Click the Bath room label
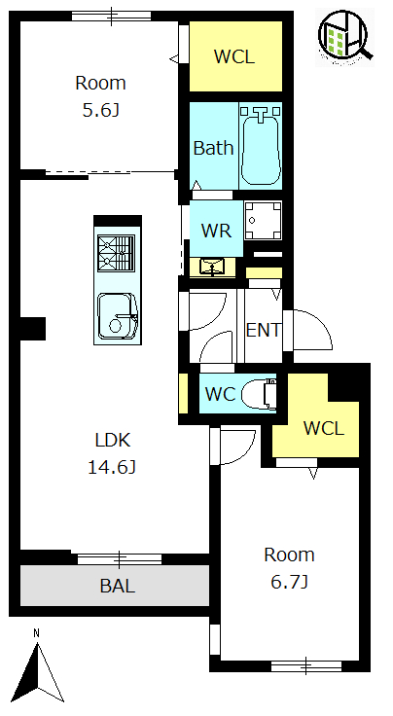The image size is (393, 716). [x=213, y=148]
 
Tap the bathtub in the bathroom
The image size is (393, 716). [x=260, y=145]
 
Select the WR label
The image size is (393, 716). [x=216, y=231]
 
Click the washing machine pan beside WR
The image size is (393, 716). [x=263, y=220]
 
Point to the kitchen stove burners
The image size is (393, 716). [x=117, y=254]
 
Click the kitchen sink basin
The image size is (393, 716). [x=118, y=316]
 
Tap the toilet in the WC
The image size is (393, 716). [x=259, y=394]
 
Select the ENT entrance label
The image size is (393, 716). [x=263, y=330]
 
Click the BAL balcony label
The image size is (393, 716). [x=118, y=586]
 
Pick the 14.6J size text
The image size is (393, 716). [x=111, y=468]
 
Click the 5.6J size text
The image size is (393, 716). [x=100, y=110]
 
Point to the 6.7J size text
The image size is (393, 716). [x=289, y=582]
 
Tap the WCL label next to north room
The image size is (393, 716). [x=234, y=56]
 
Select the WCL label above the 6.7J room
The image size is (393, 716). [x=324, y=428]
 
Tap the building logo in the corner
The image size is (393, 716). [x=344, y=37]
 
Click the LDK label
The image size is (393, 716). [x=113, y=440]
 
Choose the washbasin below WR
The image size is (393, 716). [x=212, y=268]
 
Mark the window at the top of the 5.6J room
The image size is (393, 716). [x=111, y=16]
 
